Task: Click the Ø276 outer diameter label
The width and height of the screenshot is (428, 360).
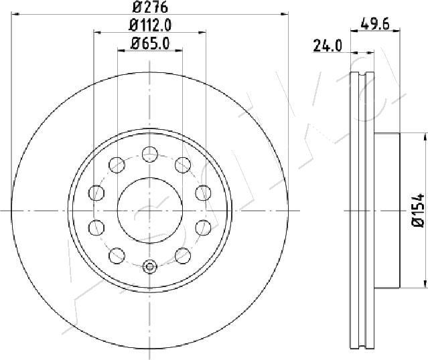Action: click(150, 7)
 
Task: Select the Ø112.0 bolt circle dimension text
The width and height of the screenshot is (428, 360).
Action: click(150, 25)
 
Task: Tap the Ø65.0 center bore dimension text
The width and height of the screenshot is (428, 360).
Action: click(150, 43)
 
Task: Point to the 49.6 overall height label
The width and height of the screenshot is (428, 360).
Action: click(374, 24)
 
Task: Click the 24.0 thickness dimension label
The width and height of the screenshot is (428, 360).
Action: click(327, 46)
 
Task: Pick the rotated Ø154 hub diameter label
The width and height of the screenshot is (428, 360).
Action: click(418, 210)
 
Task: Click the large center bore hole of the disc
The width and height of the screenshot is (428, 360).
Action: click(150, 211)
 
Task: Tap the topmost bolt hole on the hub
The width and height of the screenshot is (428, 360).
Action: click(150, 154)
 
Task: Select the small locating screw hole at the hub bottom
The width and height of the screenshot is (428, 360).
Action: click(149, 266)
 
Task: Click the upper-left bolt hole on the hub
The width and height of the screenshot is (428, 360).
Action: click(117, 165)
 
